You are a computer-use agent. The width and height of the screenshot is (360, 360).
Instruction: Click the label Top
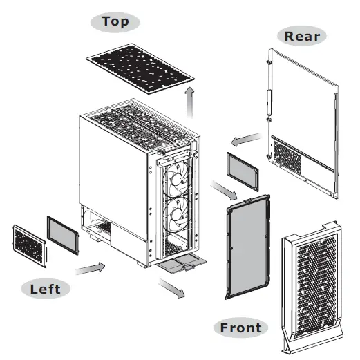pos(115,21)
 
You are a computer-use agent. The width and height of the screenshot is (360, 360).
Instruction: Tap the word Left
pos(46,287)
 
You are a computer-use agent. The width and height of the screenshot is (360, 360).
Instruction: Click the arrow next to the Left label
pos(91,268)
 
